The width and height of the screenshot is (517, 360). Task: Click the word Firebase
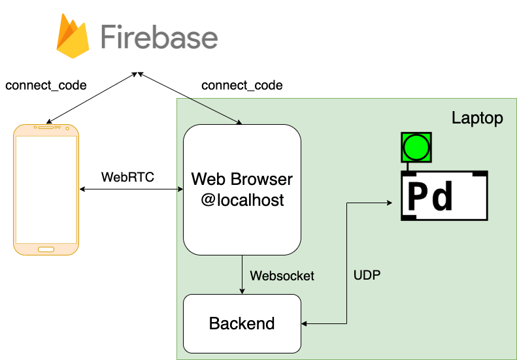[x=159, y=37]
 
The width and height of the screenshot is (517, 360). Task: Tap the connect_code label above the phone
[x=46, y=86]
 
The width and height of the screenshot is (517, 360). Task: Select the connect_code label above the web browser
[x=242, y=86]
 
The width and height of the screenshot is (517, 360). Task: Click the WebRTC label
[x=128, y=177]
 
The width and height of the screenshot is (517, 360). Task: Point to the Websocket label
[x=282, y=276]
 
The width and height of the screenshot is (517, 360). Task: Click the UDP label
[x=367, y=276]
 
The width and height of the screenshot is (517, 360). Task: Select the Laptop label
[x=477, y=118]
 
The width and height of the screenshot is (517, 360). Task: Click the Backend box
[x=242, y=323]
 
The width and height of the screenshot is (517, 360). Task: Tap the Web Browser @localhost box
[x=242, y=189]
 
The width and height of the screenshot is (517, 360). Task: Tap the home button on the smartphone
[x=46, y=250]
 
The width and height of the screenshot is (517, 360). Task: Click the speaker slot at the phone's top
[x=46, y=127]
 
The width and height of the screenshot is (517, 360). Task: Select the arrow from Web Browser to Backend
[x=242, y=274]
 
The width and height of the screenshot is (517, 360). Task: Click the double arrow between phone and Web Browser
[x=131, y=189]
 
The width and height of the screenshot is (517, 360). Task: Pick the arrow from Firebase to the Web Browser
[x=190, y=98]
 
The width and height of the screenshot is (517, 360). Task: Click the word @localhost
[x=242, y=199]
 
